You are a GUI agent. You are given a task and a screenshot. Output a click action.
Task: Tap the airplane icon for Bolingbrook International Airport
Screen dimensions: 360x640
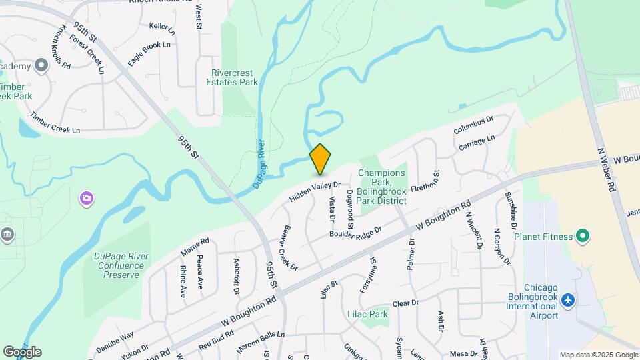tap(568, 301)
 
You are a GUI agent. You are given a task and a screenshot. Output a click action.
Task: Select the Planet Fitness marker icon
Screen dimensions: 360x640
tap(583, 236)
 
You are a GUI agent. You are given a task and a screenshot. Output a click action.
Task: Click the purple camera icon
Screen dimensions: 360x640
tap(86, 197)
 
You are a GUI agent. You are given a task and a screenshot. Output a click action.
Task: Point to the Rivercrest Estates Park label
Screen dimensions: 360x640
tap(234, 77)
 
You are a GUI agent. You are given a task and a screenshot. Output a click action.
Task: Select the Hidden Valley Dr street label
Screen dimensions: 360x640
tap(315, 192)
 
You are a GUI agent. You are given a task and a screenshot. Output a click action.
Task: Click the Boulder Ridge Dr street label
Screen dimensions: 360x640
tap(355, 231)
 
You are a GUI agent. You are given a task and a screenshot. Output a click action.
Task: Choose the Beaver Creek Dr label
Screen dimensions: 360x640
tap(289, 247)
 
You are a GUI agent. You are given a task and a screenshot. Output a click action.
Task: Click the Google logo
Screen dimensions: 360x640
tap(22, 351)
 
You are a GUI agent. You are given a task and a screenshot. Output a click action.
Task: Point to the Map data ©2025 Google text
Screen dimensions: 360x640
tap(597, 355)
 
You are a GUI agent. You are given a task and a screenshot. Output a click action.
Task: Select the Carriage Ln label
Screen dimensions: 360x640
tap(477, 142)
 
